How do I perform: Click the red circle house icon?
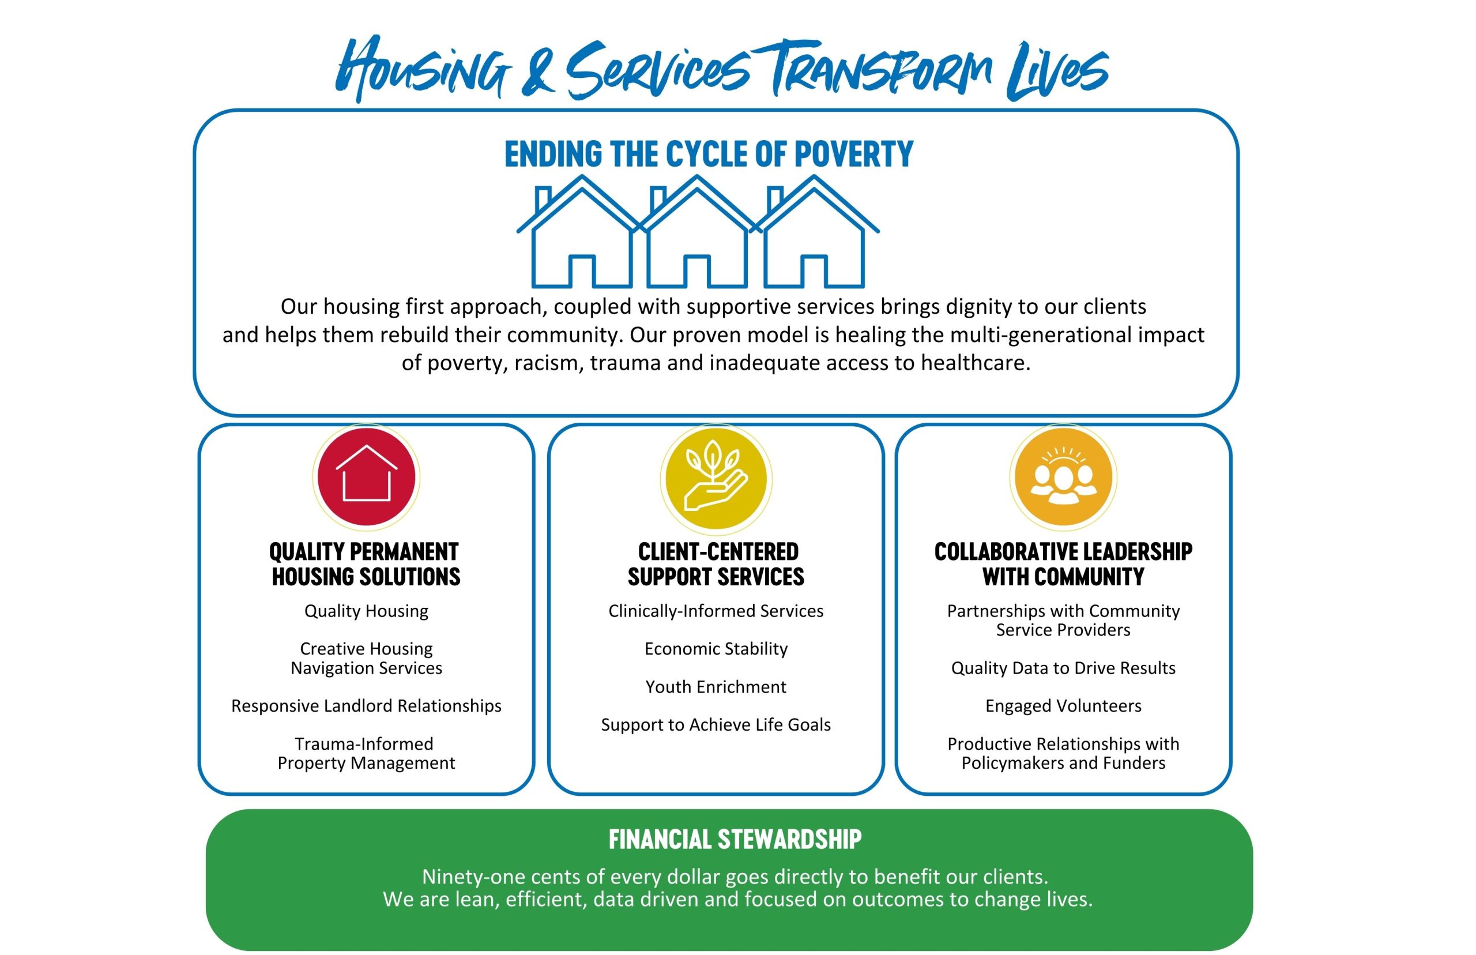[366, 477]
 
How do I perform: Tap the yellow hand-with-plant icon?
[716, 478]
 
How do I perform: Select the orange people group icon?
[1063, 476]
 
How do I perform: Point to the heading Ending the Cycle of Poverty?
[709, 154]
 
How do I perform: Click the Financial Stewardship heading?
[735, 839]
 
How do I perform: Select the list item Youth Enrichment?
[716, 686]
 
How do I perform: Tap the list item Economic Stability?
[716, 649]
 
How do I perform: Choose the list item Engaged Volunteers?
[1063, 706]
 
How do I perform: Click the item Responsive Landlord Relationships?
[366, 706]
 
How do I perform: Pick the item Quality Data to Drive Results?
[1063, 668]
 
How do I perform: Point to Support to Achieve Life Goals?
[716, 724]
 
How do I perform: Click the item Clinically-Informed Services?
[716, 611]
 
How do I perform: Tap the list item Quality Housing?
[366, 611]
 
